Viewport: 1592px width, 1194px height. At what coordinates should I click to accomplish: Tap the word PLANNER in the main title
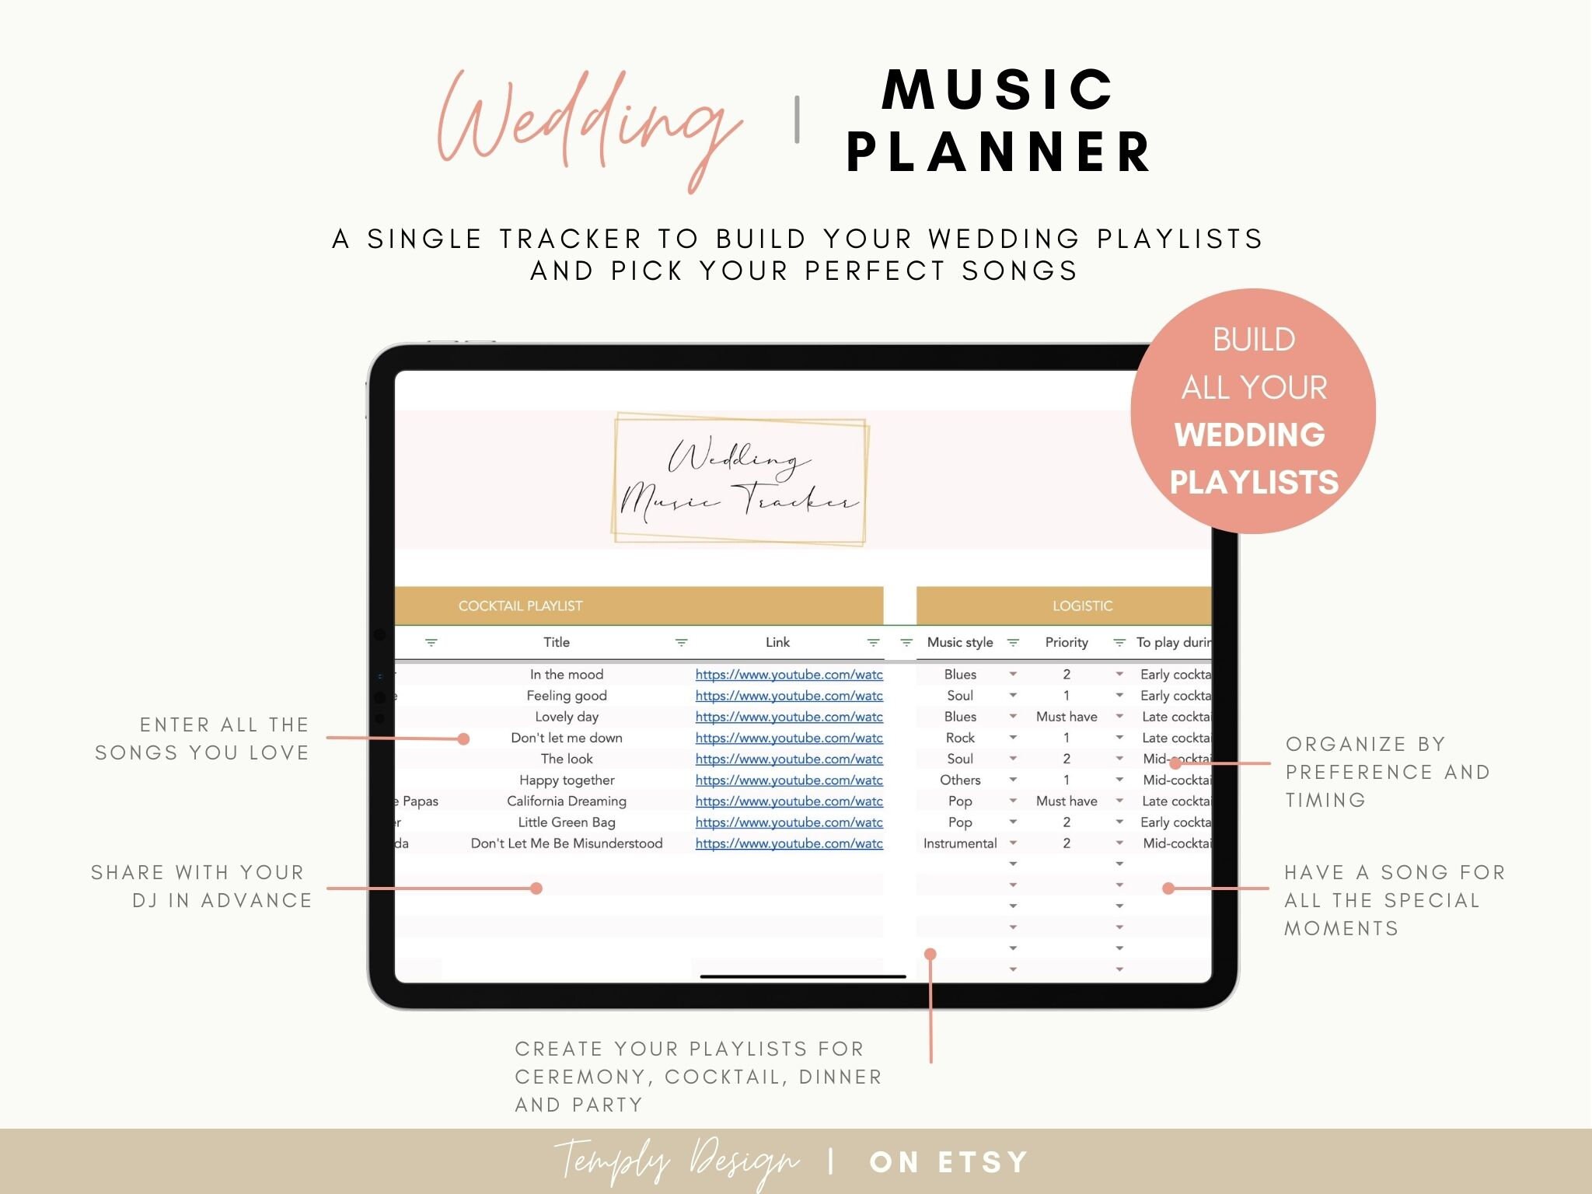click(1000, 152)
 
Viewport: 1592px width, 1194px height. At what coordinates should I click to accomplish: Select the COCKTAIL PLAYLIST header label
click(520, 606)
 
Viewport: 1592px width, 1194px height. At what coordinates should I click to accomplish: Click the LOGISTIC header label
click(1082, 606)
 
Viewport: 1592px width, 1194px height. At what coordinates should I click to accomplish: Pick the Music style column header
click(960, 642)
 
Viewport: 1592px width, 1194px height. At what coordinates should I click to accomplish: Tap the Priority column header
click(1066, 642)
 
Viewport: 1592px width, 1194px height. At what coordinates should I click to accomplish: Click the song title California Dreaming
click(566, 801)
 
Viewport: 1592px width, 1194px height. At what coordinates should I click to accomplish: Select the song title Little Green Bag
click(566, 822)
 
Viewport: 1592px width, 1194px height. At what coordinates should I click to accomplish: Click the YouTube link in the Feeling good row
click(788, 696)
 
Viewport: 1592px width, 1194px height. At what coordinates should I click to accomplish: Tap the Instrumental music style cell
click(960, 843)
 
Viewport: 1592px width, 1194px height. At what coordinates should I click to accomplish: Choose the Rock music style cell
click(960, 738)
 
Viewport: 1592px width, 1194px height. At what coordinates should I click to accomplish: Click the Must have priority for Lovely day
click(1066, 717)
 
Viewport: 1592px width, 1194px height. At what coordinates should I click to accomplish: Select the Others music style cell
click(960, 780)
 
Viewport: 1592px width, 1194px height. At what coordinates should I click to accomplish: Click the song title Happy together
click(566, 780)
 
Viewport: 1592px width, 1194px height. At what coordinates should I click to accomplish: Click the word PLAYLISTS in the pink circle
click(1254, 482)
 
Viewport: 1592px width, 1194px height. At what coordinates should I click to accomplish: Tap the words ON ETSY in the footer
click(948, 1162)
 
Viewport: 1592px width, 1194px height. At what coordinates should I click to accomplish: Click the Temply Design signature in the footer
click(676, 1161)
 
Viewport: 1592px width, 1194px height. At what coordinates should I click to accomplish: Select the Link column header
click(777, 642)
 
